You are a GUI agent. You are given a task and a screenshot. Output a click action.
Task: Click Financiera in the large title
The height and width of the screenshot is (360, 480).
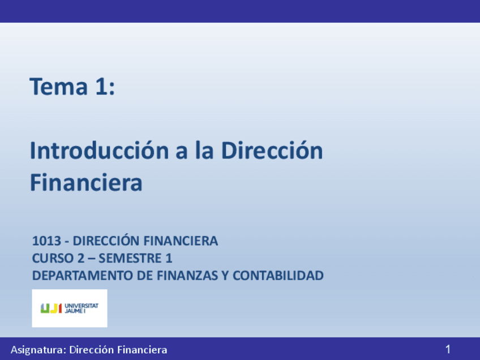point(86,183)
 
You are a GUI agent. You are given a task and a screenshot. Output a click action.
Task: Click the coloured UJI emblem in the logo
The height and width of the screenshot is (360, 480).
point(52,308)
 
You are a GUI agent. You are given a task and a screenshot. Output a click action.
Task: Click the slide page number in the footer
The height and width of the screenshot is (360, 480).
point(448,349)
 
